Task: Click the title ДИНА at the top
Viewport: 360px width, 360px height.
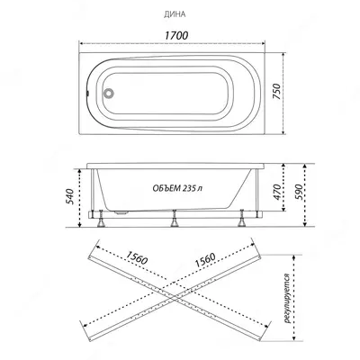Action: click(175, 14)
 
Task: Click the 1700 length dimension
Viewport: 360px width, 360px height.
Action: click(176, 35)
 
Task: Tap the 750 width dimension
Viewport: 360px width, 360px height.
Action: click(276, 92)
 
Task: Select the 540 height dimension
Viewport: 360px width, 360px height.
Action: click(69, 196)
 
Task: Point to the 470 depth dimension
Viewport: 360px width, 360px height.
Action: click(277, 192)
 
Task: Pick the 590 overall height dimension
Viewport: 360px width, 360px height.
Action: click(299, 192)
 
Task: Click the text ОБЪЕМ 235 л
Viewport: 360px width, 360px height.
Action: click(177, 188)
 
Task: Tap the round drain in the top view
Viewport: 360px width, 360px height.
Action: click(108, 93)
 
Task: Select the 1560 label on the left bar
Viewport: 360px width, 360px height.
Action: click(137, 257)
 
